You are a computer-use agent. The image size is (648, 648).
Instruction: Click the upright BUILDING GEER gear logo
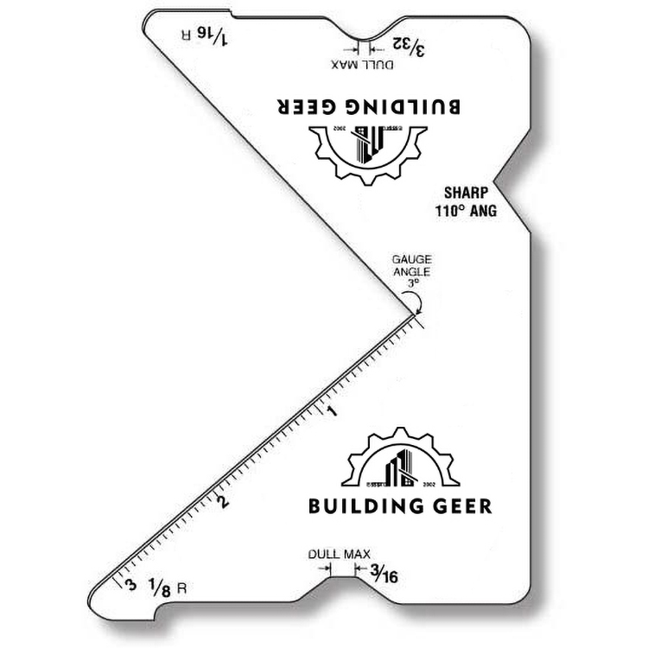click(x=398, y=461)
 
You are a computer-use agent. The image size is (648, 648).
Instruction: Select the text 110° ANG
click(x=467, y=210)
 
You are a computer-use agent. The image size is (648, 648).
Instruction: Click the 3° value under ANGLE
click(x=412, y=282)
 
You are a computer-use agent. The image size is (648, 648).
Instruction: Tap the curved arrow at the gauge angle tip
click(x=415, y=302)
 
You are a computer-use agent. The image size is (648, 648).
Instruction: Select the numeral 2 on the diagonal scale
click(x=224, y=502)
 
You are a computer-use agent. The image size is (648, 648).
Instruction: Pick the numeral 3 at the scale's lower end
click(x=130, y=585)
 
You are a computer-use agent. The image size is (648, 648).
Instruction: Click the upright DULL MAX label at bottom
click(x=339, y=554)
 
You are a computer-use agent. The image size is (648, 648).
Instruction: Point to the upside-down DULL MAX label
click(x=362, y=64)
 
